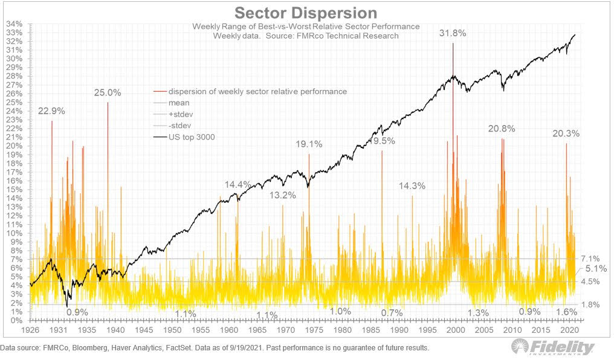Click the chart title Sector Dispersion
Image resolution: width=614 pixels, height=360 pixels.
tap(305, 13)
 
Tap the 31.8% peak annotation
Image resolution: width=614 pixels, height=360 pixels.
tap(453, 34)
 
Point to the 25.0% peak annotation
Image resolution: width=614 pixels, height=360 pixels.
tap(108, 92)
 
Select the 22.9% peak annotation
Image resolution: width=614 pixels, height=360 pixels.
tap(51, 111)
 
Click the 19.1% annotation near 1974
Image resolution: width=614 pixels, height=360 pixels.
tap(309, 144)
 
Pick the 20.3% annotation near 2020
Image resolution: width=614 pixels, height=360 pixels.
tap(566, 133)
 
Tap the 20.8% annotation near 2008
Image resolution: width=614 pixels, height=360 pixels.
tap(502, 129)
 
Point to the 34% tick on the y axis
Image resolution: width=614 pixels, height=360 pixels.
tap(14, 24)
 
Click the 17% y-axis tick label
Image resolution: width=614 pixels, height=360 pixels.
tap(14, 172)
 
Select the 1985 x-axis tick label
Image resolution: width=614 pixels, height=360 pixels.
tap(370, 331)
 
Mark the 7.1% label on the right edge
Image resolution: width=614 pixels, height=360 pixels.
tap(589, 258)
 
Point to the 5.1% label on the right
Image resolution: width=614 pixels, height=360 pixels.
tap(595, 269)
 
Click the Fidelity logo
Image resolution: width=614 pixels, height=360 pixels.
tap(553, 347)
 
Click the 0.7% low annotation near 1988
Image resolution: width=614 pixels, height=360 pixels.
tap(392, 313)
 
